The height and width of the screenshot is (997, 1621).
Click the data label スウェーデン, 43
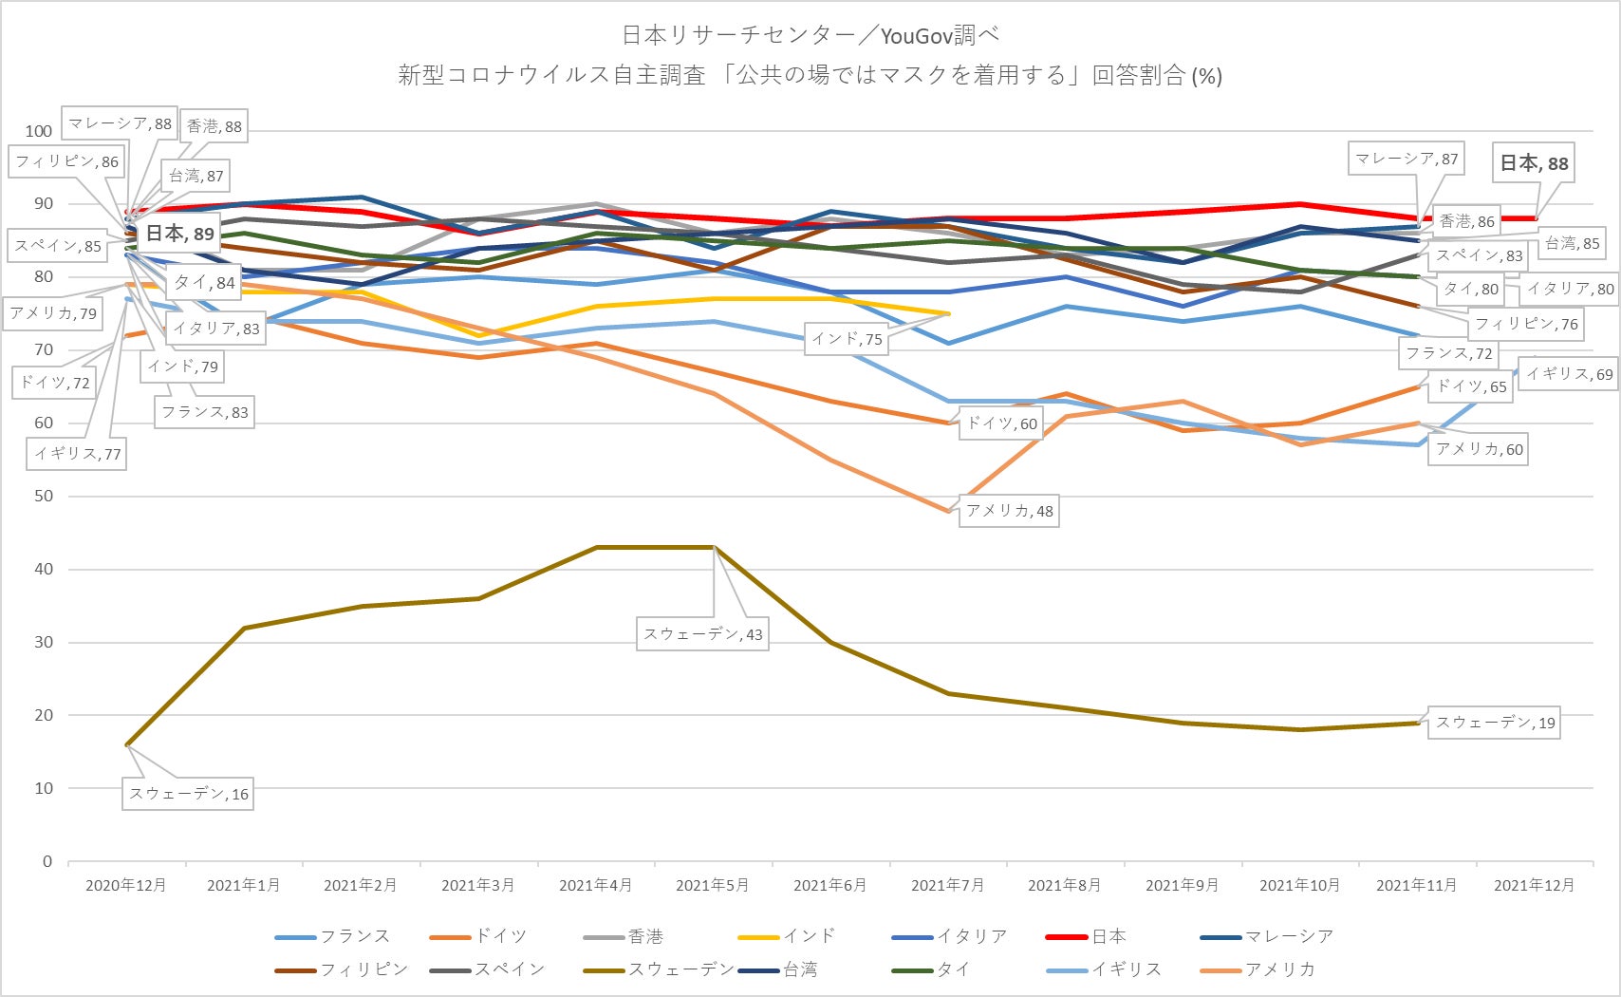click(x=702, y=634)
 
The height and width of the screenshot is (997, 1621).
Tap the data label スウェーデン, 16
click(x=189, y=794)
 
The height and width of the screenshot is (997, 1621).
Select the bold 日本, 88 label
click(x=1534, y=163)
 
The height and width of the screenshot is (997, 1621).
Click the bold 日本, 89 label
click(x=179, y=234)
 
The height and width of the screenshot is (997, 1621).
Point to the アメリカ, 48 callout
click(x=1009, y=511)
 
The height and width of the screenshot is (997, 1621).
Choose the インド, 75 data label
click(x=847, y=339)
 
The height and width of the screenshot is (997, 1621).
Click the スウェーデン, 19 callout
click(x=1495, y=723)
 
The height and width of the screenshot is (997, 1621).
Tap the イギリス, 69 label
click(x=1569, y=374)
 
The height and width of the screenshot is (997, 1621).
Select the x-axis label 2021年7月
click(x=947, y=885)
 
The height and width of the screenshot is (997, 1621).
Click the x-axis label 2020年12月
click(x=126, y=885)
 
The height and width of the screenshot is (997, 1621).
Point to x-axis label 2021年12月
click(x=1534, y=885)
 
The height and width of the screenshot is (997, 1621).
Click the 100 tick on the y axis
click(x=39, y=131)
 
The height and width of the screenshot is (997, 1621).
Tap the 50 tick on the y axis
click(x=44, y=496)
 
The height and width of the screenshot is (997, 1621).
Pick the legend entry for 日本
click(x=1109, y=936)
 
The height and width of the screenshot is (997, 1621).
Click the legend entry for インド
click(x=810, y=936)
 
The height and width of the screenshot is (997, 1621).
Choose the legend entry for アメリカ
click(x=1280, y=969)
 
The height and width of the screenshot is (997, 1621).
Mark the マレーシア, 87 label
click(x=1406, y=159)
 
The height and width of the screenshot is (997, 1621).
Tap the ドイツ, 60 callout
click(x=1001, y=423)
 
